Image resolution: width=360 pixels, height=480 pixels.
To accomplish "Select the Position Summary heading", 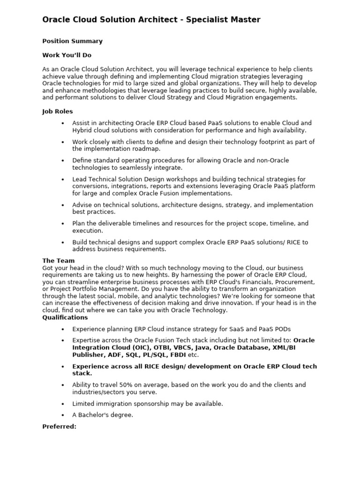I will tap(72, 41).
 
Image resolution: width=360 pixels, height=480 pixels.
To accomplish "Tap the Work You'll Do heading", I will tap(67, 55).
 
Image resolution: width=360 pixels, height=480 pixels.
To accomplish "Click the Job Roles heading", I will tap(58, 112).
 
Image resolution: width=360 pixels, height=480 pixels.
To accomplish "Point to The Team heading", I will tap(58, 261).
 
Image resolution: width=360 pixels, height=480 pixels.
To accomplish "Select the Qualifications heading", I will tap(65, 317).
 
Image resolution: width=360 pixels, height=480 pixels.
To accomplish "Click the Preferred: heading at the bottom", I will tap(59, 427).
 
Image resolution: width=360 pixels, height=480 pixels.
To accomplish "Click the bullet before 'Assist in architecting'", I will tap(63, 123).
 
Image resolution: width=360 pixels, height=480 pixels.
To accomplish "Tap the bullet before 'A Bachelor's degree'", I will tap(63, 415).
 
